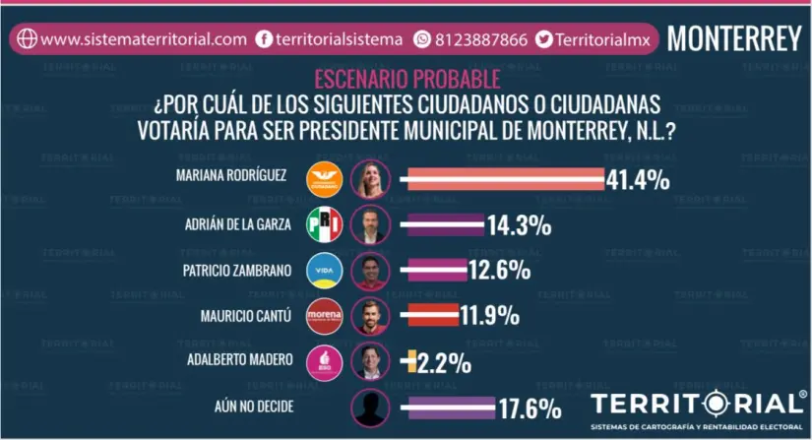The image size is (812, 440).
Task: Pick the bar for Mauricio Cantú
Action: pyautogui.click(x=429, y=317)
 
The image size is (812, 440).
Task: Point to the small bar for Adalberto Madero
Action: pyautogui.click(x=405, y=361)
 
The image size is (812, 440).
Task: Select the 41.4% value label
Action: pyautogui.click(x=638, y=179)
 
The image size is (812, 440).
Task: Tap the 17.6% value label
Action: pyautogui.click(x=529, y=408)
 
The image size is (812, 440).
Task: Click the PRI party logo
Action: pyautogui.click(x=325, y=224)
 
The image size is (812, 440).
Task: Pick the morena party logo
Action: pyautogui.click(x=325, y=316)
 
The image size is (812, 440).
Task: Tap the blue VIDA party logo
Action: pyautogui.click(x=325, y=271)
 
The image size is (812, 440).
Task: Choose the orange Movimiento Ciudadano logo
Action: pyautogui.click(x=325, y=178)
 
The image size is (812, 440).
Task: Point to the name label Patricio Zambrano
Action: pyautogui.click(x=237, y=271)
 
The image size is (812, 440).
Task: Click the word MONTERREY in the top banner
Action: pyautogui.click(x=734, y=38)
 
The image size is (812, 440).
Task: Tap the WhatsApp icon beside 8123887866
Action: pyautogui.click(x=423, y=39)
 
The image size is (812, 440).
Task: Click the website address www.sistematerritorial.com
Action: pyautogui.click(x=144, y=39)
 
